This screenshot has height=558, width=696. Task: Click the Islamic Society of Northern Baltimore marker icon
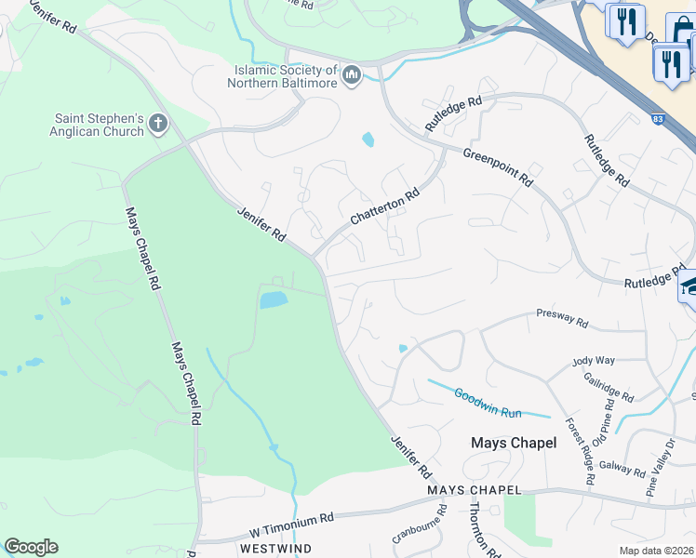coord(351,74)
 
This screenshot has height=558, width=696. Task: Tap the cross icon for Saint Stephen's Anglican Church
coord(158,123)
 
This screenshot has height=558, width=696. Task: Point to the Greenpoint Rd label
coord(498,166)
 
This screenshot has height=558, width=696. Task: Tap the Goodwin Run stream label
coord(489,401)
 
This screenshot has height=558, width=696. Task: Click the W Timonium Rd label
coord(291,525)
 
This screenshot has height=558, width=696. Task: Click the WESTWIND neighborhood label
coord(271,549)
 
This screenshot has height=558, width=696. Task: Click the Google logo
coord(31,547)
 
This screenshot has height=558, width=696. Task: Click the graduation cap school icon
coord(689,286)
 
